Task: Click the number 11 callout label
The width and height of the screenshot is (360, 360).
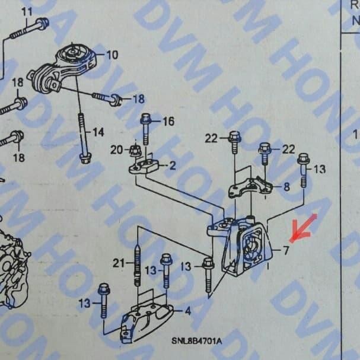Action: [x=27, y=11]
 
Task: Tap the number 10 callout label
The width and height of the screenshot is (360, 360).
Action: [x=111, y=55]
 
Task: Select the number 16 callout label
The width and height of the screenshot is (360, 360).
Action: [x=168, y=122]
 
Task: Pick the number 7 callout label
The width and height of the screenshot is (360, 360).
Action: [x=285, y=250]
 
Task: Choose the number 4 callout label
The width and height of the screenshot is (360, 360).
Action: [x=187, y=310]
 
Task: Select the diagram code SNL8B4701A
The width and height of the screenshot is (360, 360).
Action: [x=197, y=341]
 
